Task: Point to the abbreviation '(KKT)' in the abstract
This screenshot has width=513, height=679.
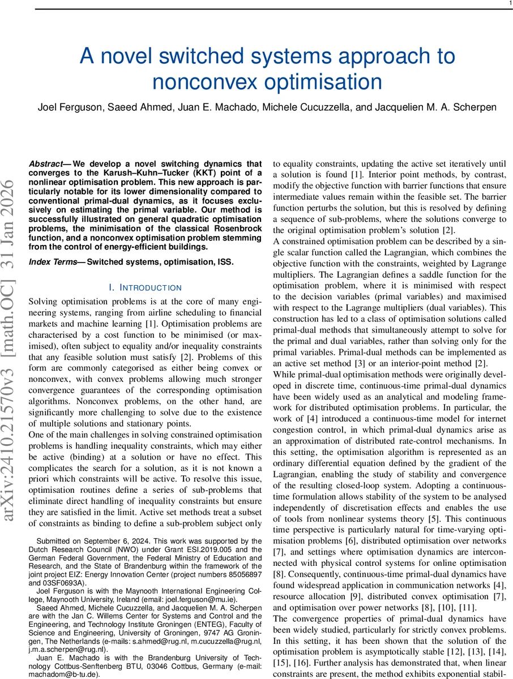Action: [197, 174]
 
